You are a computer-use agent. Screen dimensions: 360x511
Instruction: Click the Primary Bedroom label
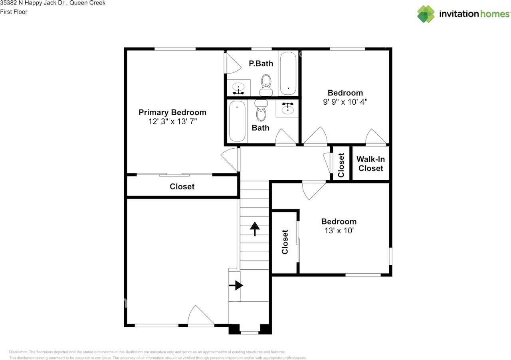[172, 112]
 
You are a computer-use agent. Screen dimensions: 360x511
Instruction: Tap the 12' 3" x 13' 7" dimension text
[172, 121]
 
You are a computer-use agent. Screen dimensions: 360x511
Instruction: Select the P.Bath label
[261, 63]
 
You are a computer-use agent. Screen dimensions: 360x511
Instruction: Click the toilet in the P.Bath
[266, 85]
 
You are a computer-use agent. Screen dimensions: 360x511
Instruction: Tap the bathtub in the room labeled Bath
[237, 121]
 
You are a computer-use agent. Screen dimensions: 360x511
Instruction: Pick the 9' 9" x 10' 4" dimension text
[345, 102]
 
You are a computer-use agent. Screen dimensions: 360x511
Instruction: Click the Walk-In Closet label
[370, 163]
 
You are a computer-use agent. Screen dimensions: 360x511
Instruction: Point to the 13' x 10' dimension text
[339, 231]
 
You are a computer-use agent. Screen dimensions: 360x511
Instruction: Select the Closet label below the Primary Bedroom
[182, 187]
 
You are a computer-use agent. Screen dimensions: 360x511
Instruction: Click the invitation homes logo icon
[426, 14]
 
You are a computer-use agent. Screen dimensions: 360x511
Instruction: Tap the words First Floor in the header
[14, 12]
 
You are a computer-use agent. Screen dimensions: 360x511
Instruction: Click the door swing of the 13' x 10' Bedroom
[313, 190]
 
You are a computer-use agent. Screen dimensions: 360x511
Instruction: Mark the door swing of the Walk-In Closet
[376, 137]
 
